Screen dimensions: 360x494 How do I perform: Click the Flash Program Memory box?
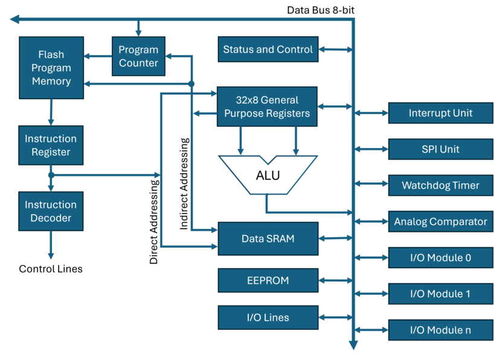(x=51, y=68)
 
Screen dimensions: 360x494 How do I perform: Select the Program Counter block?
(x=138, y=56)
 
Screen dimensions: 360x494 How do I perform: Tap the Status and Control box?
(x=268, y=50)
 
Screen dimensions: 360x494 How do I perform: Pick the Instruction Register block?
(x=51, y=146)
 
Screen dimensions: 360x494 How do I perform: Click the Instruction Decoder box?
(x=51, y=211)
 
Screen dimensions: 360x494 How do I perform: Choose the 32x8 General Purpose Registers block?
(x=267, y=106)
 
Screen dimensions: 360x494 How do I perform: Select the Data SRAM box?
(x=268, y=239)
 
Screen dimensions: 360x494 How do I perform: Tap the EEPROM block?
(x=268, y=281)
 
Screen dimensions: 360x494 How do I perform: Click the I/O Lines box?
(x=268, y=318)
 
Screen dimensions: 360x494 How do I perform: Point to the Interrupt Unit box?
(x=440, y=113)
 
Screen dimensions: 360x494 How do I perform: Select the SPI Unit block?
(x=440, y=149)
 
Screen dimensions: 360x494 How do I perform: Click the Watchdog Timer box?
(x=440, y=185)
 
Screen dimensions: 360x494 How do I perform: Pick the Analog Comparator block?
(x=440, y=222)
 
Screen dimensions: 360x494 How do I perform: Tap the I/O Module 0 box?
(x=440, y=258)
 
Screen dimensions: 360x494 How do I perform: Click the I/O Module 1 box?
(x=440, y=294)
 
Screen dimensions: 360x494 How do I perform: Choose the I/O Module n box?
(x=440, y=330)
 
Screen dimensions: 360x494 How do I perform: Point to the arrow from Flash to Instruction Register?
(x=51, y=112)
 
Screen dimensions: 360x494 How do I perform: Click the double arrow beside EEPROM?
(x=334, y=281)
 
